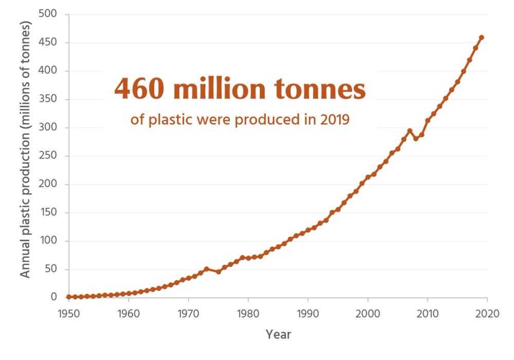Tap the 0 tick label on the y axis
[x=58, y=297]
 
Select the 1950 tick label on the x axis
[x=69, y=314]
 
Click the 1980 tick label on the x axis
[x=248, y=314]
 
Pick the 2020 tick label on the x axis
[x=487, y=314]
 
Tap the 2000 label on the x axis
[x=368, y=314]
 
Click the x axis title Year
[x=278, y=335]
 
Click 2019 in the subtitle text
[x=334, y=121]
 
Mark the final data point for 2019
[x=481, y=37]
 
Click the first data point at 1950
[x=69, y=297]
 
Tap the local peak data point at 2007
[x=410, y=131]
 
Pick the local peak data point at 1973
[x=206, y=269]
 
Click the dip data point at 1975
[x=218, y=272]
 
